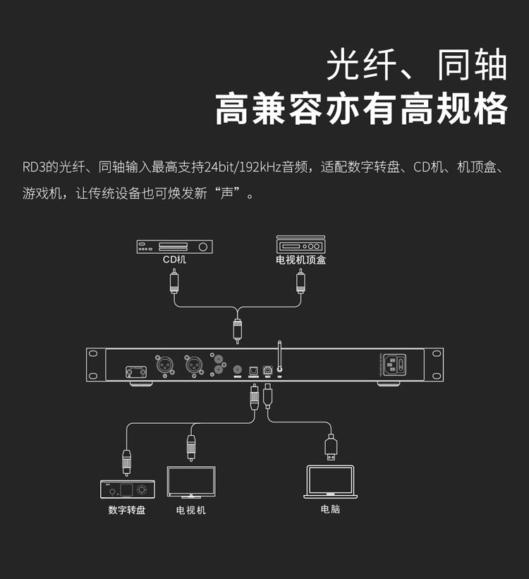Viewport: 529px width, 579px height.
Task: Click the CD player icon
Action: click(x=174, y=246)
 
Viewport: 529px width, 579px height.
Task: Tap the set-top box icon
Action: click(x=300, y=245)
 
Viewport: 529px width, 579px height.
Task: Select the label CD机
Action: click(x=174, y=260)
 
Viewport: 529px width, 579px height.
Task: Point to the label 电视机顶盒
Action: click(x=300, y=260)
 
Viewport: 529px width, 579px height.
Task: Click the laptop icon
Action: click(x=330, y=482)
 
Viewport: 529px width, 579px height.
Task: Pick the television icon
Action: click(x=191, y=482)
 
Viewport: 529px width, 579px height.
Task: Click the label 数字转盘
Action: click(x=127, y=510)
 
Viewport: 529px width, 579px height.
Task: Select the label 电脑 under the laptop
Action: click(x=330, y=508)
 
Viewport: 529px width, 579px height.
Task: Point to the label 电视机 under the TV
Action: click(x=191, y=510)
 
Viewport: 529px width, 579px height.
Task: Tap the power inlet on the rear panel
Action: click(x=397, y=365)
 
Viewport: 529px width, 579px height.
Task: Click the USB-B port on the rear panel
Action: click(x=268, y=369)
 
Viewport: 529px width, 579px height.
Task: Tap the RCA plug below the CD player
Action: click(x=174, y=282)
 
